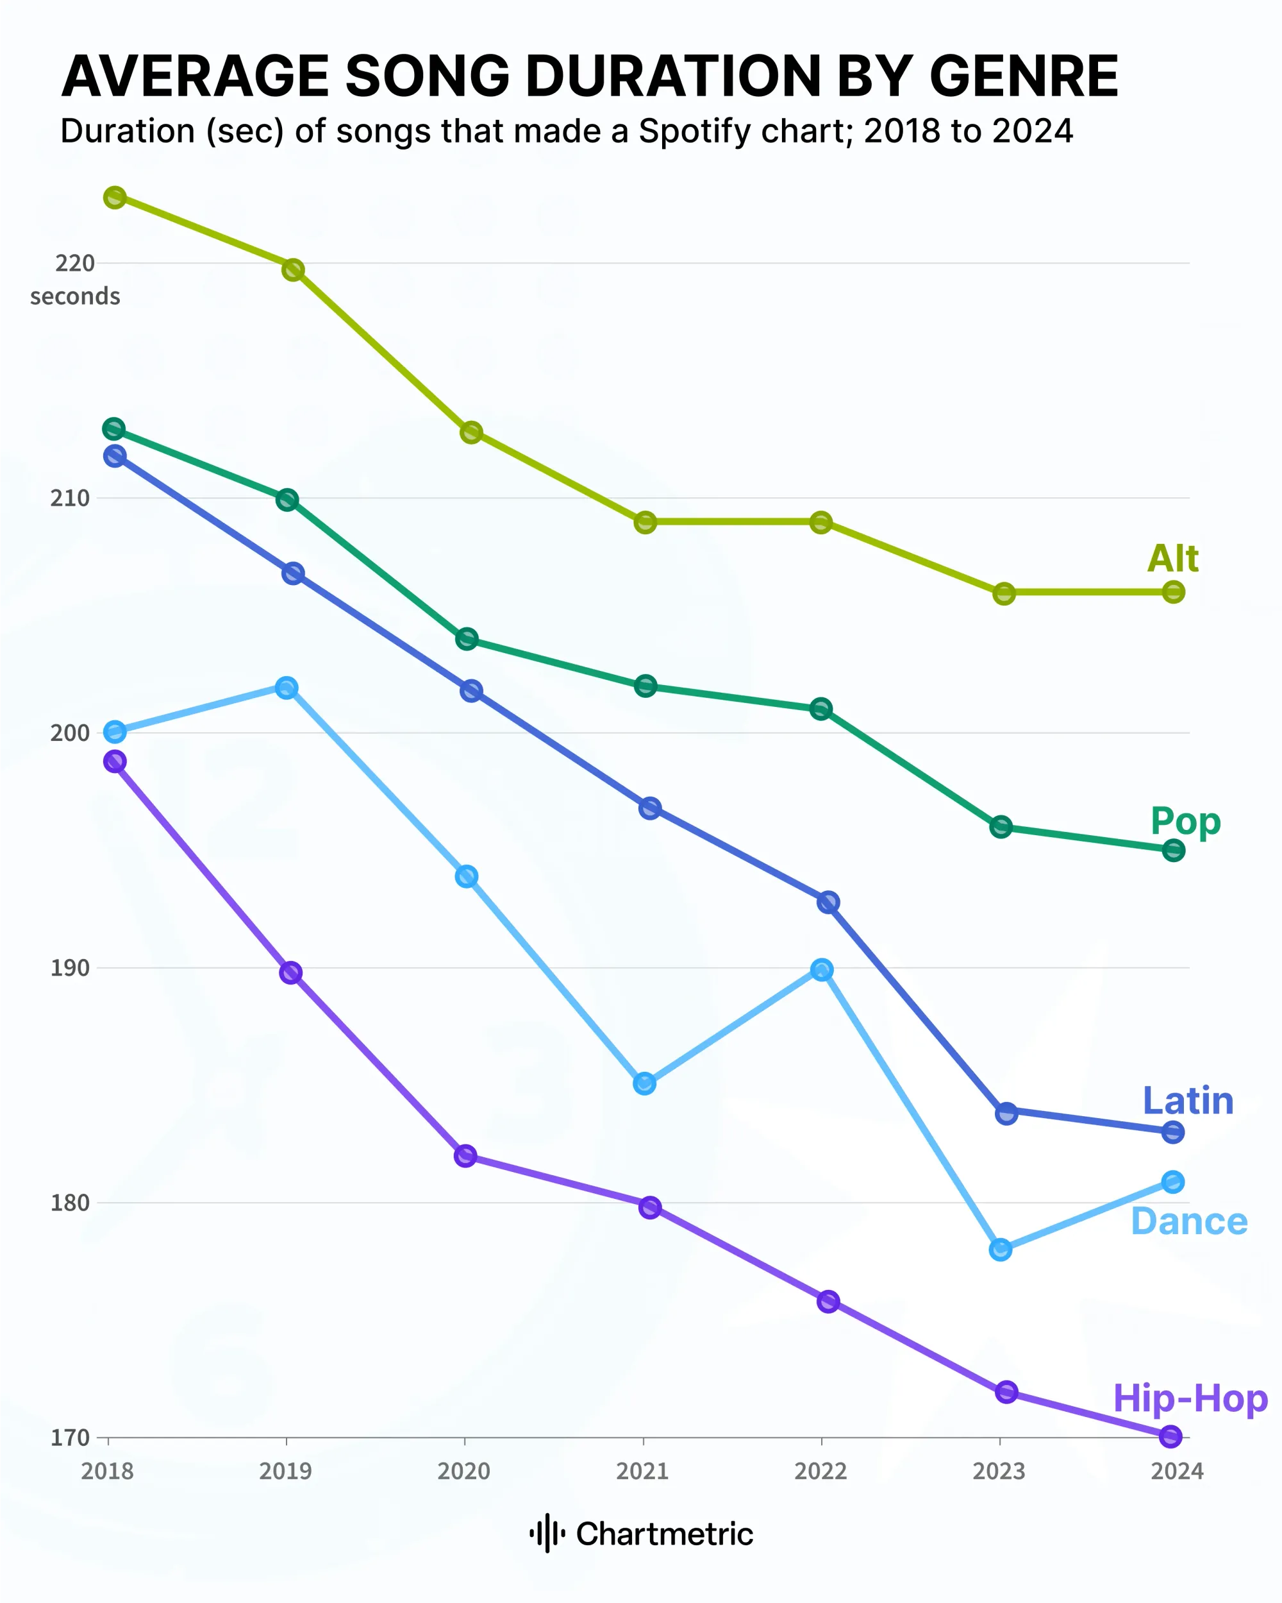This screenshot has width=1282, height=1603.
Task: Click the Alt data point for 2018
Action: (x=115, y=197)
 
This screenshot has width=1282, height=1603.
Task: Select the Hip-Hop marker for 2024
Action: (x=1170, y=1436)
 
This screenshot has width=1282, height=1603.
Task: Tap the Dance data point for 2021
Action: (x=644, y=1083)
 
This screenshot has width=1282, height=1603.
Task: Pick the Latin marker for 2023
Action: (x=1006, y=1113)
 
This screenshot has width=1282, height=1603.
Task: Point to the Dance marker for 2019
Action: (x=287, y=687)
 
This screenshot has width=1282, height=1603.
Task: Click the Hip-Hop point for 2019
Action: (x=290, y=972)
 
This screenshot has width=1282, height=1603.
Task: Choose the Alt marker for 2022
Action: (x=820, y=522)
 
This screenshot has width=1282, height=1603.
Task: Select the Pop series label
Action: (x=1185, y=821)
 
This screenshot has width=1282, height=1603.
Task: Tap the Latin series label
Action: (x=1188, y=1100)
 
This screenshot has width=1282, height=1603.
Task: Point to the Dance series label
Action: (x=1188, y=1221)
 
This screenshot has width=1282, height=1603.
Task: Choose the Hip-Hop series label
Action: (x=1190, y=1398)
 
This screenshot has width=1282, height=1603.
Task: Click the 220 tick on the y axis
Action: (x=75, y=262)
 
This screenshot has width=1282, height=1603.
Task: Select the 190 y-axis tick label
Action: (x=69, y=967)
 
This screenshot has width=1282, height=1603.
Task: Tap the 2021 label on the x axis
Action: (x=642, y=1471)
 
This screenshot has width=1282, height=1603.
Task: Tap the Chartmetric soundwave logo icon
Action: (x=547, y=1533)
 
